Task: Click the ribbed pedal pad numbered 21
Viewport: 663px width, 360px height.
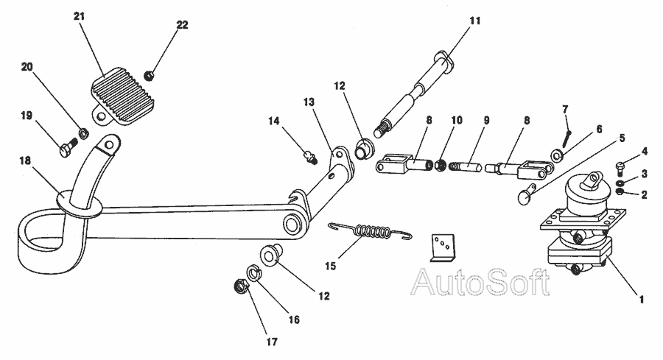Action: (x=121, y=93)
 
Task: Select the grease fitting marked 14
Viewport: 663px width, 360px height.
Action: (x=311, y=155)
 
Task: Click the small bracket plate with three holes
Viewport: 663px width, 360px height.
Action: (x=441, y=247)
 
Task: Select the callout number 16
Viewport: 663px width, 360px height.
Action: (x=293, y=320)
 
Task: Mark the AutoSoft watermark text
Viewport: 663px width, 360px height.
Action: (x=479, y=282)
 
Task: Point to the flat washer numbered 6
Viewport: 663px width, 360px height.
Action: (x=558, y=155)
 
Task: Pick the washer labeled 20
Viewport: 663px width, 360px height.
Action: (x=84, y=134)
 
